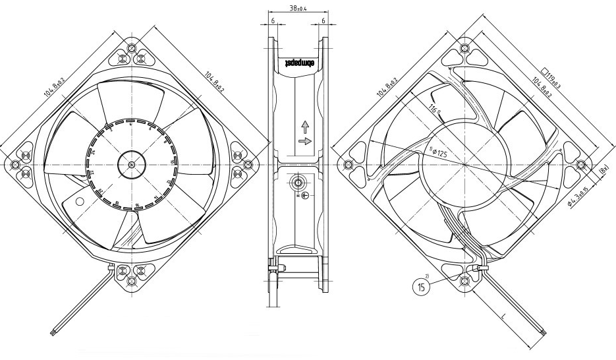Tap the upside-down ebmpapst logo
298,64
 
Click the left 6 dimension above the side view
273,21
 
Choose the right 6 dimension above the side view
323,21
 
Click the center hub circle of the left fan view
131,164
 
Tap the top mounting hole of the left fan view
132,49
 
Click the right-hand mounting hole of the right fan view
580,164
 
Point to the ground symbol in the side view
304,196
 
